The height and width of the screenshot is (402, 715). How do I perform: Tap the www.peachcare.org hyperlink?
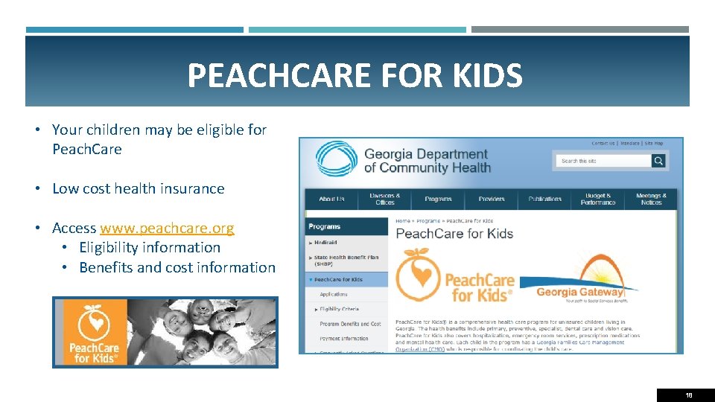[167, 228]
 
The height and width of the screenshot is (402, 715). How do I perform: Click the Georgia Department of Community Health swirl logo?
[337, 160]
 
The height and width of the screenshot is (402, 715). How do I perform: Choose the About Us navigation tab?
[331, 199]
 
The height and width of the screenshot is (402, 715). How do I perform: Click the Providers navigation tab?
[492, 199]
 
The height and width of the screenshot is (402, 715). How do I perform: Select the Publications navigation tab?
[545, 199]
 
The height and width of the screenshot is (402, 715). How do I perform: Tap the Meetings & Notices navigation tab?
[651, 199]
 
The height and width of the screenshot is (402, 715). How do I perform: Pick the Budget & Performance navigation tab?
[598, 199]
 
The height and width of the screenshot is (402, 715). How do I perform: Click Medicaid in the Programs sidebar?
[325, 243]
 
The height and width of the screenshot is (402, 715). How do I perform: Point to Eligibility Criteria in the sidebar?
[339, 309]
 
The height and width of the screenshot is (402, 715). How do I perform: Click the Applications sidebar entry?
[334, 294]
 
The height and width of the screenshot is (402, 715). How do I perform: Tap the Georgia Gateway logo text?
[579, 293]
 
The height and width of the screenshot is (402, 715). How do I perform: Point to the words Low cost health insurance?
[138, 188]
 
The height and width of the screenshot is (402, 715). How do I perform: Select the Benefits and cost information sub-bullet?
[177, 267]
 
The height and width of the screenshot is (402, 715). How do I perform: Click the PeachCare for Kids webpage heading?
[454, 234]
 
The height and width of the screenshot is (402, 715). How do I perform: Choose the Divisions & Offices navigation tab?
[385, 199]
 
